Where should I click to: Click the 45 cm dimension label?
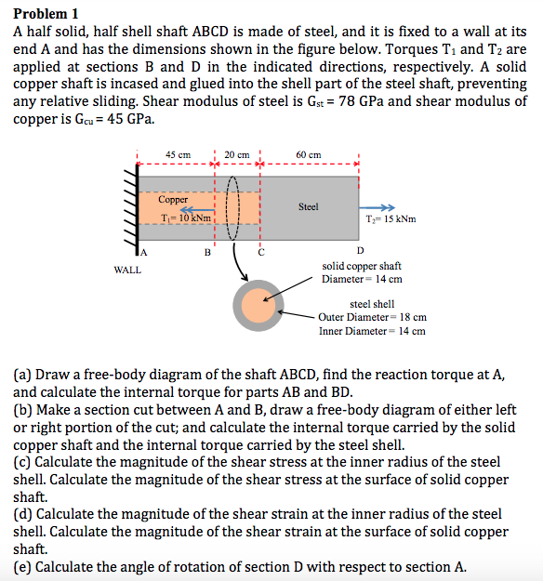coord(179,154)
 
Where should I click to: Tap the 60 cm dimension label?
coord(309,154)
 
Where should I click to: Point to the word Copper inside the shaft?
coord(173,200)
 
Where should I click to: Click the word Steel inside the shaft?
coord(310,206)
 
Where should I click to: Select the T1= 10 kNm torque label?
coord(186,219)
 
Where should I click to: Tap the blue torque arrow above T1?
coord(192,209)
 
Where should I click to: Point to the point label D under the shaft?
coord(361,251)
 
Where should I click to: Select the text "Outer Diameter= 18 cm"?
coord(372,317)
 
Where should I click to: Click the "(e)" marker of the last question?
coord(23,567)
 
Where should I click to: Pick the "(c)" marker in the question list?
coord(23,461)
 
